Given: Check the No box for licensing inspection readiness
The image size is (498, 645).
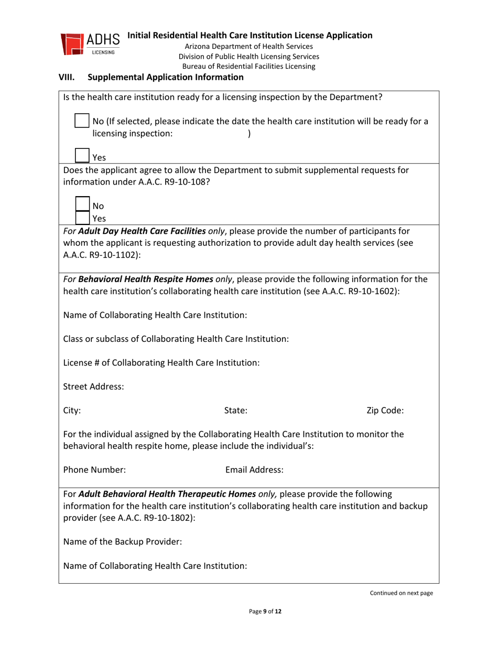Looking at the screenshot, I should click(x=82, y=120).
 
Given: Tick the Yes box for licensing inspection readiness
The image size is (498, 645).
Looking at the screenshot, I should click(x=82, y=154).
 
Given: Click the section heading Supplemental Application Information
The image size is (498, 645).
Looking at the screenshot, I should click(x=165, y=78).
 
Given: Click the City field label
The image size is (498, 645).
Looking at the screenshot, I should click(x=72, y=411).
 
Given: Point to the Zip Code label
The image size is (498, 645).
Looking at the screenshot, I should click(x=385, y=411).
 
